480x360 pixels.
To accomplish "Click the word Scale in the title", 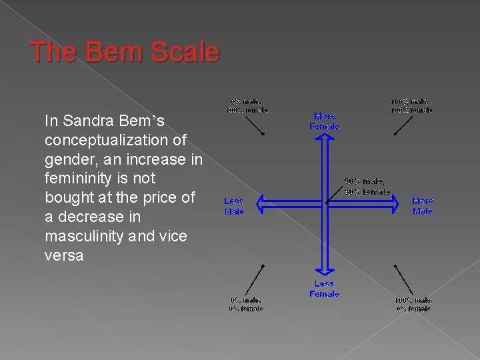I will (x=186, y=52).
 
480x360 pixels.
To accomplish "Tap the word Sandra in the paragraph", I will (x=91, y=121).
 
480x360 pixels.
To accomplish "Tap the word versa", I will (x=64, y=255).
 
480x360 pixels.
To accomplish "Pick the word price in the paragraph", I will (x=153, y=197).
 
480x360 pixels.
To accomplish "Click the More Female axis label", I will (x=325, y=121).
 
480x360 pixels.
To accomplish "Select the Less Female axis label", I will (x=325, y=288).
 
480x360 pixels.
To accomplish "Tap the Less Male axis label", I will (x=234, y=206).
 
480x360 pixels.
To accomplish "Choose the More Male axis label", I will (x=422, y=205).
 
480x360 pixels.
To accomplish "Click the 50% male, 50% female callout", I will (x=367, y=187).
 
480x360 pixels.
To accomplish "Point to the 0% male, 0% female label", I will (x=247, y=304).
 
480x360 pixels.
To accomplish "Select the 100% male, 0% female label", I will (x=413, y=304).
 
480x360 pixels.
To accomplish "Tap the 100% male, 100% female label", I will (x=411, y=105).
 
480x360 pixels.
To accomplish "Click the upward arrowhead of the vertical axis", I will (x=325, y=137).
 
